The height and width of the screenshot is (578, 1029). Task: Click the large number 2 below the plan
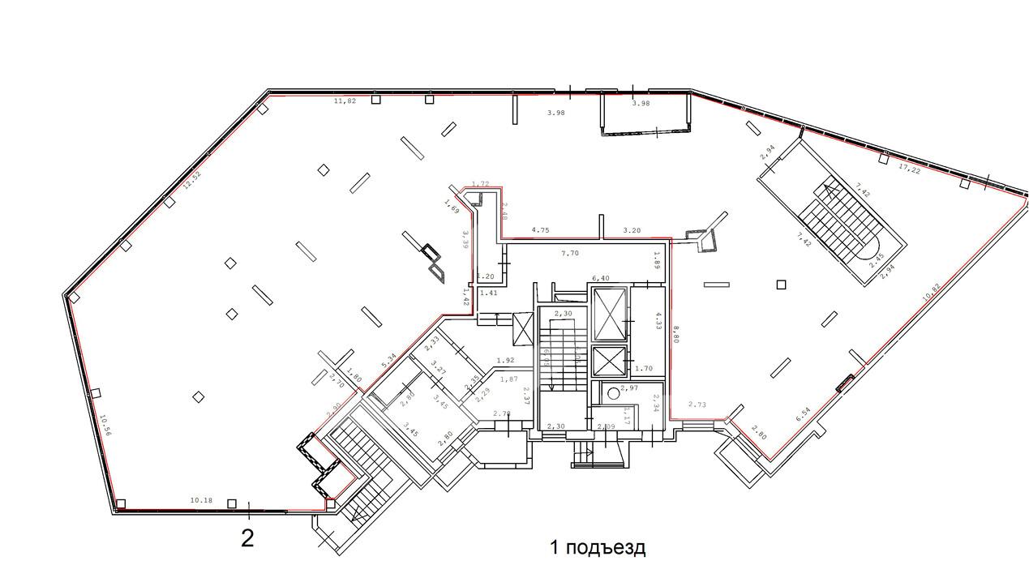[x=247, y=538]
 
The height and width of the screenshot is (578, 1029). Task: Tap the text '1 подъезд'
[x=598, y=547]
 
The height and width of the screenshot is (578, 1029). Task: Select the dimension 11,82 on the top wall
[x=345, y=101]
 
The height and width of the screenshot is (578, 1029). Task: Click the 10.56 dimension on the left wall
[x=105, y=426]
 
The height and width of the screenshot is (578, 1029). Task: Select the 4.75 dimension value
[x=540, y=230]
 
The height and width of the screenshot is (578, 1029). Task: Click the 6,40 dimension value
[x=601, y=278]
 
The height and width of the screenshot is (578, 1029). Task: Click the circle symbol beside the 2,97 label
[x=614, y=396]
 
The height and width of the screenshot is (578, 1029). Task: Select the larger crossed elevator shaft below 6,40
[x=611, y=315]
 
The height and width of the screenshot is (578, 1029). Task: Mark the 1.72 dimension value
[x=480, y=185]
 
